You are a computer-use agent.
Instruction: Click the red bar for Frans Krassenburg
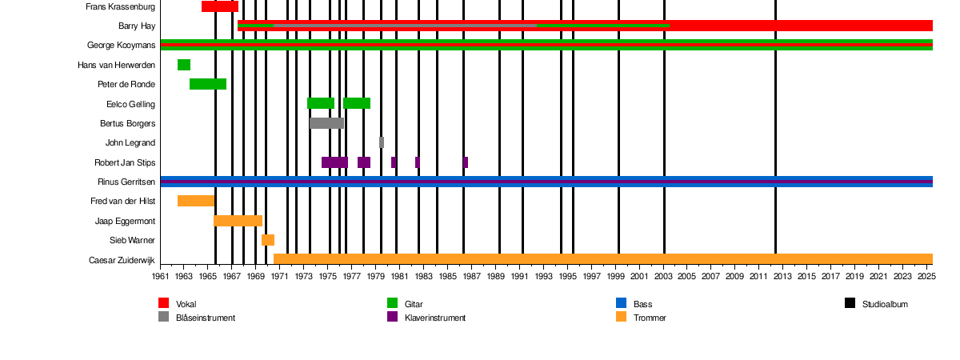220,6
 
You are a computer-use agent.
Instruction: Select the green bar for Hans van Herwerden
184,65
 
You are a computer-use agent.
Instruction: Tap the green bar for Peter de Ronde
208,84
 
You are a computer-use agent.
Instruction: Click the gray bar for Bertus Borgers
326,123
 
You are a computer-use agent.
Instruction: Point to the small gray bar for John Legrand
382,142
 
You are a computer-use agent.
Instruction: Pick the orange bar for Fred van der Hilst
196,201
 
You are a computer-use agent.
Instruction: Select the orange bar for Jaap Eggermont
238,221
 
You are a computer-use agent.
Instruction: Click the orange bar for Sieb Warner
268,240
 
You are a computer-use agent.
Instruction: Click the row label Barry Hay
137,26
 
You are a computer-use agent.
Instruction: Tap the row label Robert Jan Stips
125,162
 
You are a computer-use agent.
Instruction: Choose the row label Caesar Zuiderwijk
122,260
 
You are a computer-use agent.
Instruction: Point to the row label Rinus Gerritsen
126,182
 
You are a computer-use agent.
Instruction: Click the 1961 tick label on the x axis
161,276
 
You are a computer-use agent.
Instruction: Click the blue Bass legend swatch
622,303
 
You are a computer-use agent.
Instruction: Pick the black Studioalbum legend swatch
850,303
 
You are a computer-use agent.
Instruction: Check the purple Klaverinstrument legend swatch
393,317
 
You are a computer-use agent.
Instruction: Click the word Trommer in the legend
650,318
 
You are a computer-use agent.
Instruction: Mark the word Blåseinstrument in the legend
206,318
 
